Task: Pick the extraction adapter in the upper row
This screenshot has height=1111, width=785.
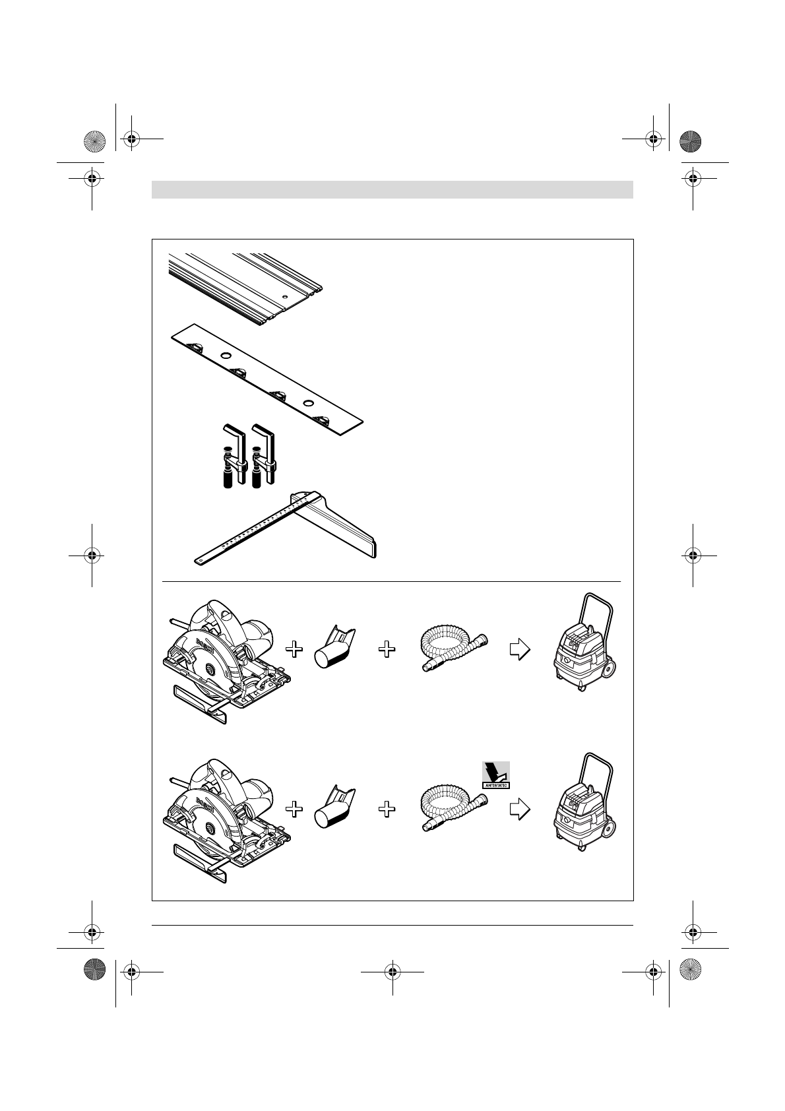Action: pos(335,649)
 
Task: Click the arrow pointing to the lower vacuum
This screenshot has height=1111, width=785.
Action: pos(520,809)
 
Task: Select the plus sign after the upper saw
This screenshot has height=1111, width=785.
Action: pos(294,650)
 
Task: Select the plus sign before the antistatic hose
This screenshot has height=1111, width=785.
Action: pos(387,809)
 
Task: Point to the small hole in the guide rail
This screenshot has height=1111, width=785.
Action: pos(284,298)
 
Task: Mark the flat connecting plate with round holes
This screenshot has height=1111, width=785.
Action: pos(267,379)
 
